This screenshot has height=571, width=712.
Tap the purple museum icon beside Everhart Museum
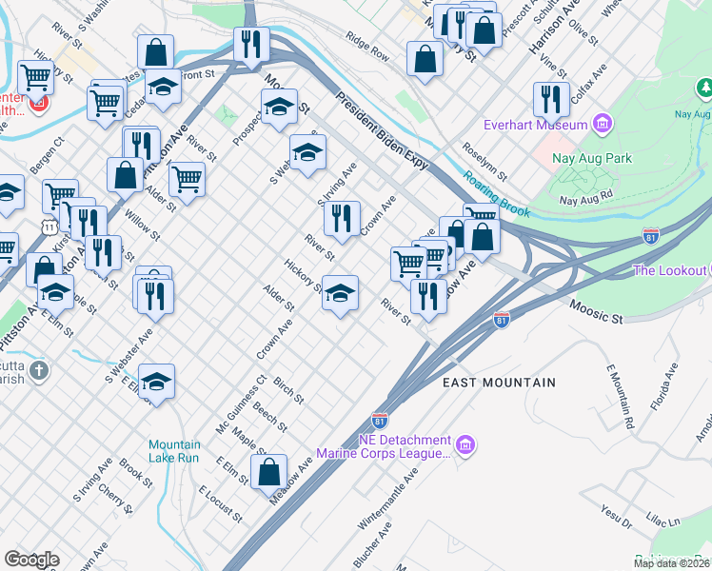coord(601,124)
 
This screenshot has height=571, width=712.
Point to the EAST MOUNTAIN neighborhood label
coord(499,383)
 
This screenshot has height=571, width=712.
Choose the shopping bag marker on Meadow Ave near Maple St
coord(269,471)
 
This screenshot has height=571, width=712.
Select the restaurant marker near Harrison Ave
coord(551,99)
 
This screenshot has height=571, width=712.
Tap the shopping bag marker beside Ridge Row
coord(424,59)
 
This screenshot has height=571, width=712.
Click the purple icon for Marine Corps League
coord(465,444)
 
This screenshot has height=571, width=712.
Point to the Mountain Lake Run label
coord(174,451)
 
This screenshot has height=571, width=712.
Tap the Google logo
coord(31,560)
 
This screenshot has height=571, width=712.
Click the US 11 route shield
coord(48,226)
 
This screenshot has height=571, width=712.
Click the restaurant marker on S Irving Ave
coord(342,219)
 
